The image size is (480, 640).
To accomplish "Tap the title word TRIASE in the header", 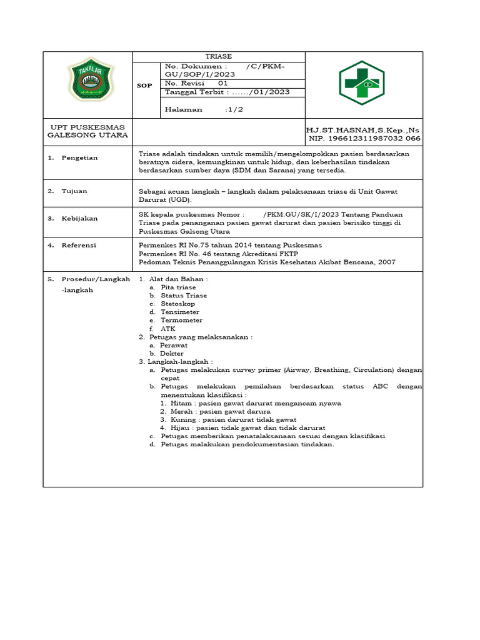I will [219, 56].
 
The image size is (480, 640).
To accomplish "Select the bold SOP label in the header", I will [144, 86].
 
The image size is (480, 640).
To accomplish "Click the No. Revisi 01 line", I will [196, 83].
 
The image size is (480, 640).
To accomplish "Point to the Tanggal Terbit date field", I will [226, 92].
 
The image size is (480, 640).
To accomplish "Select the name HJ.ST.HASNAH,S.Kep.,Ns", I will [362, 129].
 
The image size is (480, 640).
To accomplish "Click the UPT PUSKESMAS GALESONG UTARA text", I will [87, 131].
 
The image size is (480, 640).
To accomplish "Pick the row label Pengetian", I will [79, 158].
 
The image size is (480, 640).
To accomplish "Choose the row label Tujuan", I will [74, 191].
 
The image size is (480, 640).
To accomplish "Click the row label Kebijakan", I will [79, 219].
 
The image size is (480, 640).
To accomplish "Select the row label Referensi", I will [79, 246].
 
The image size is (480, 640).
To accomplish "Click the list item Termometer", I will [181, 320].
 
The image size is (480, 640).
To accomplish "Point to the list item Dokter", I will [172, 353].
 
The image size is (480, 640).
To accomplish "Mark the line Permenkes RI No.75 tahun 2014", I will [229, 246].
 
